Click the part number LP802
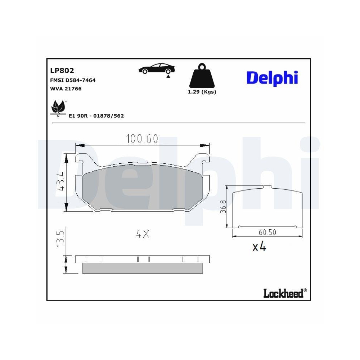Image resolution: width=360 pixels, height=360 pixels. tap(62, 71)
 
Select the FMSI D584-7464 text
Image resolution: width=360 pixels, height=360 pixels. tap(72, 80)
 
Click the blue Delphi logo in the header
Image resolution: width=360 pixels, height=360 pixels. tap(272, 78)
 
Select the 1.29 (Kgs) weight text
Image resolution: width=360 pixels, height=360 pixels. tap(202, 92)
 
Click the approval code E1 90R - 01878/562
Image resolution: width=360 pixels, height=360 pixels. tap(96, 116)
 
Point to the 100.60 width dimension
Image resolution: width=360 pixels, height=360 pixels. tap(141, 139)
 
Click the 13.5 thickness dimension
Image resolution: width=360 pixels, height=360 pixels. tap(60, 239)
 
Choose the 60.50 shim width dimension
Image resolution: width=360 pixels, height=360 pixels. tap(267, 232)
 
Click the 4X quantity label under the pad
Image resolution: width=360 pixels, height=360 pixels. tap(143, 234)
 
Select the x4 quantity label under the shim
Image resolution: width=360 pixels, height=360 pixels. tap(259, 247)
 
